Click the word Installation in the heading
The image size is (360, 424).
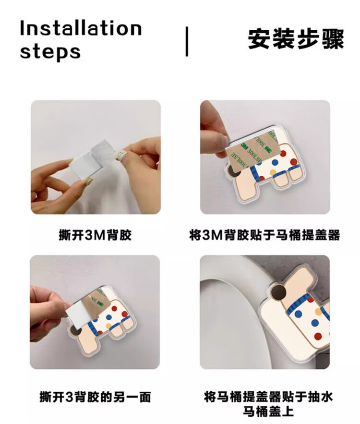click(x=81, y=28)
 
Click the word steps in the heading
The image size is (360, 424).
click(x=50, y=52)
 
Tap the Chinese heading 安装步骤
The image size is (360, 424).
click(x=296, y=39)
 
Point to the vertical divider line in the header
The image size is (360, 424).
click(x=187, y=41)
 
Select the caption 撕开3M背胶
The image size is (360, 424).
click(x=95, y=235)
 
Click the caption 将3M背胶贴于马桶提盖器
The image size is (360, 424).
click(x=264, y=235)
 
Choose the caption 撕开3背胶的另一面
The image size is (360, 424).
click(x=95, y=397)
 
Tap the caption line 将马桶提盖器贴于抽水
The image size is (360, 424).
click(x=268, y=397)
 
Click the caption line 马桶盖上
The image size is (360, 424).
click(x=268, y=412)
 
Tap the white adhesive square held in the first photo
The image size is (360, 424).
click(x=89, y=159)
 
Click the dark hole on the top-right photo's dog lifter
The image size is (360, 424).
click(x=232, y=170)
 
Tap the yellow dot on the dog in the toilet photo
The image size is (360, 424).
click(x=319, y=312)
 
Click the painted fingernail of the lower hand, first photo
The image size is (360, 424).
click(x=88, y=182)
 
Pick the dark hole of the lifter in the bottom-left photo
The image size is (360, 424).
click(x=75, y=332)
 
